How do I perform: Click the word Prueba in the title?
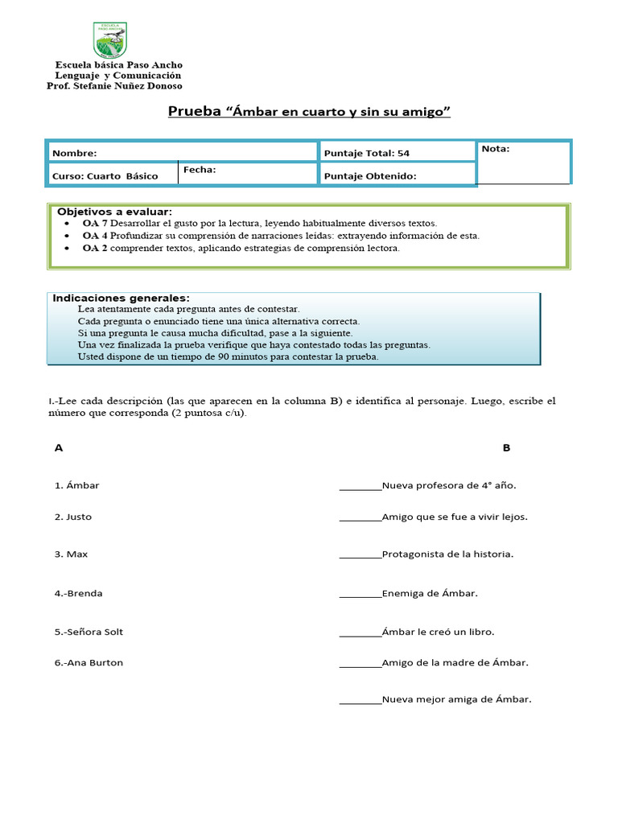(x=194, y=112)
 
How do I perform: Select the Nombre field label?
(x=74, y=153)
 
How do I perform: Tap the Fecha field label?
(x=200, y=170)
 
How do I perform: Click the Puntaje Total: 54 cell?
(x=367, y=153)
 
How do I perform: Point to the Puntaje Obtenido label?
(x=370, y=176)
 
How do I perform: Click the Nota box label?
(x=496, y=149)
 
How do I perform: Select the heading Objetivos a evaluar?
(x=114, y=211)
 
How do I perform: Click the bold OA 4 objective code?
(x=95, y=236)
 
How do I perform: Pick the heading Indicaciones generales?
(x=121, y=298)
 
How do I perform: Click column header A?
(x=59, y=448)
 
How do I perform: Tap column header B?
(x=506, y=448)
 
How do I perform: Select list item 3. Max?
(x=71, y=554)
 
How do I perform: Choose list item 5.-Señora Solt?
(x=89, y=632)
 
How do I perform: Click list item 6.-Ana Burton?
(x=89, y=663)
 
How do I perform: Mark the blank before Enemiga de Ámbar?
(x=360, y=594)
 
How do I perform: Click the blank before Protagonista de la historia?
(x=360, y=554)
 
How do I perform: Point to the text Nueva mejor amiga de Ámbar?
(x=456, y=700)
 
